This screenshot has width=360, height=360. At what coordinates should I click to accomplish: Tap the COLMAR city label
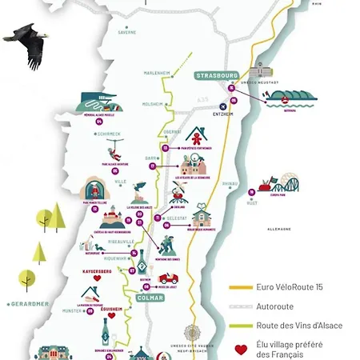pos(150,298)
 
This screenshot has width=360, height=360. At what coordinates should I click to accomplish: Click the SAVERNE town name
pos(127,33)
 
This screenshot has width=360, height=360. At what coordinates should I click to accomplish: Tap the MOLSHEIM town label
pos(153,104)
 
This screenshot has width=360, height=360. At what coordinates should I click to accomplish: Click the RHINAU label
pos(230,182)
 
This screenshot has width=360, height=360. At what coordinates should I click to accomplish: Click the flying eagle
pos(29,45)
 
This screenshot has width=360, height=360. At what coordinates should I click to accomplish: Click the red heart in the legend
pos(240,350)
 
